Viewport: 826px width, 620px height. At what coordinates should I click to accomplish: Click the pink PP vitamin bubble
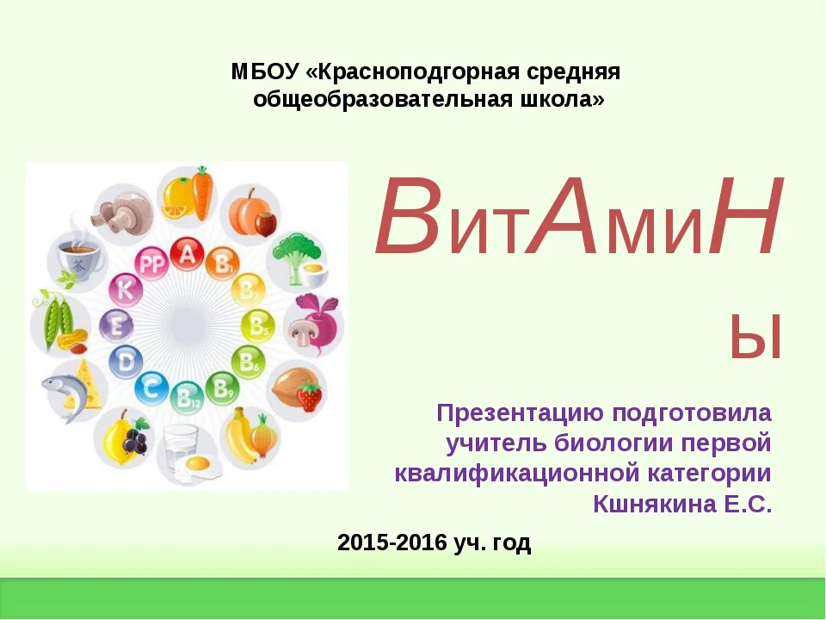(x=151, y=263)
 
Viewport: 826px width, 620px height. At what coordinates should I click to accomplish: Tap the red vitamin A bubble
(x=187, y=254)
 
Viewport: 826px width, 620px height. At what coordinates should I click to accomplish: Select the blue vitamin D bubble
(x=126, y=362)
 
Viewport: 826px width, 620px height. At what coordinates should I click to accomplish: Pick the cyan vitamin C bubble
(x=151, y=389)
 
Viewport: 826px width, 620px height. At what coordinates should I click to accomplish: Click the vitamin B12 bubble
(x=187, y=398)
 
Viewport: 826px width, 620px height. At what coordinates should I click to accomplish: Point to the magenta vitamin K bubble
(x=126, y=289)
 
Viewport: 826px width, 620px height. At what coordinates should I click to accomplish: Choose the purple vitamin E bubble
(x=116, y=325)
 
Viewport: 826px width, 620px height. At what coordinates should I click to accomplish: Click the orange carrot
(x=201, y=194)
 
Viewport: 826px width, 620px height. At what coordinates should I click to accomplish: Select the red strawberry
(x=309, y=397)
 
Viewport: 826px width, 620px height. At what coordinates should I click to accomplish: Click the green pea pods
(x=54, y=319)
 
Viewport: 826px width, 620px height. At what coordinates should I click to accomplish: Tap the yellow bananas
(x=240, y=437)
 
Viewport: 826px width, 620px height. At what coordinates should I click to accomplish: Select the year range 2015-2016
(x=392, y=542)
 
